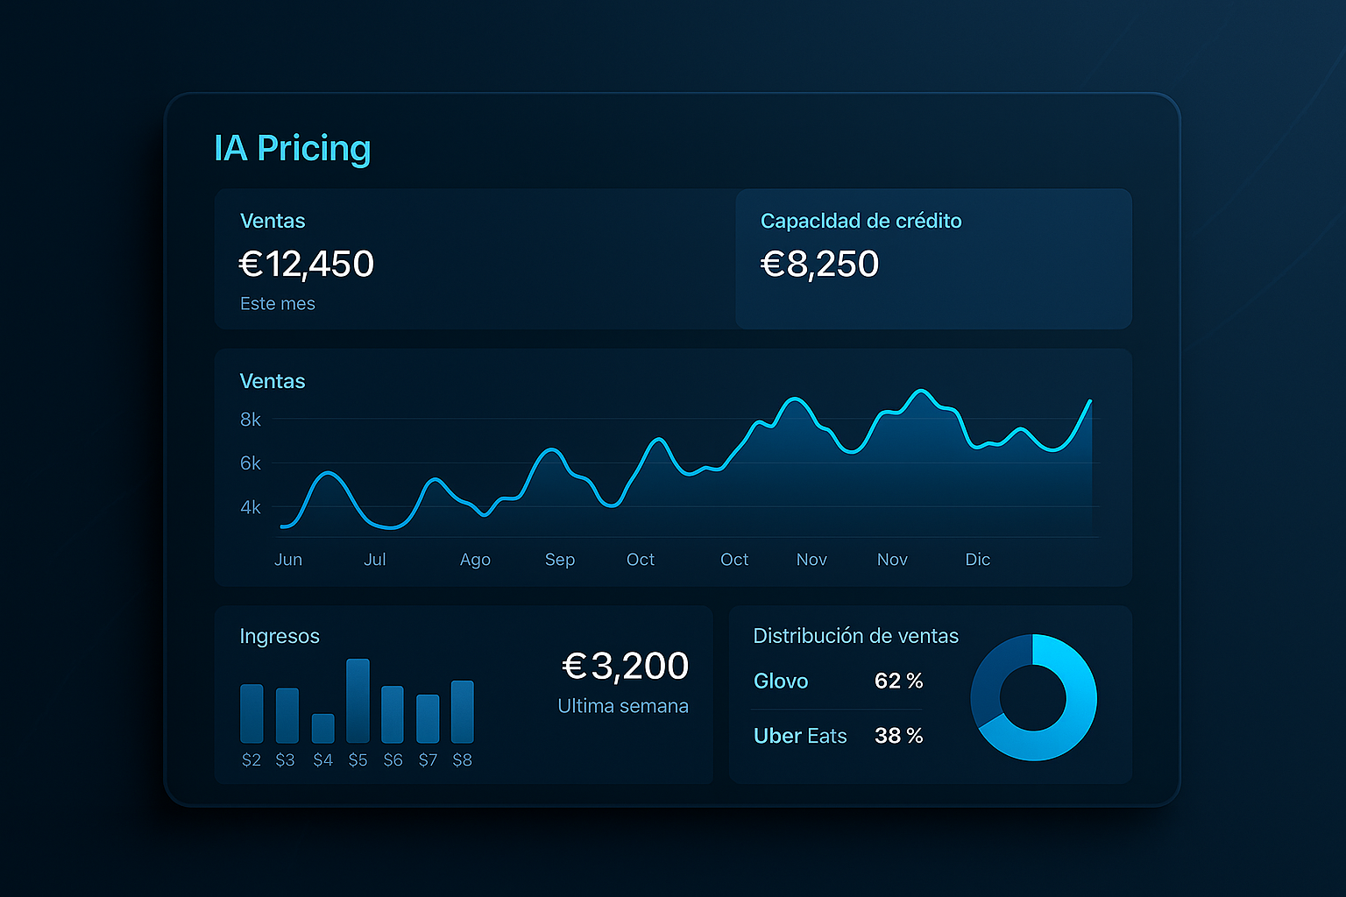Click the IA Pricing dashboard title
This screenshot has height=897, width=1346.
click(292, 149)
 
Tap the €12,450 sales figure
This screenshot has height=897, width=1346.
click(307, 264)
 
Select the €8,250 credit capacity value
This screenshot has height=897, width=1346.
click(819, 264)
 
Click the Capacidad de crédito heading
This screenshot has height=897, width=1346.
click(861, 221)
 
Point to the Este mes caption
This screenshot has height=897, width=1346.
click(277, 303)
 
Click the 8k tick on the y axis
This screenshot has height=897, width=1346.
click(251, 420)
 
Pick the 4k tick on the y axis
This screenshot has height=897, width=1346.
click(251, 507)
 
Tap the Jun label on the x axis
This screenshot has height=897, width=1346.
click(288, 560)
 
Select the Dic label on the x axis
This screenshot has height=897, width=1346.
click(977, 560)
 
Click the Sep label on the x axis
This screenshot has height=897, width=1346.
click(560, 560)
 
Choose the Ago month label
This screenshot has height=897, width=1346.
click(475, 560)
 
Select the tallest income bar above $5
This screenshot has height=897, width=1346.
click(358, 701)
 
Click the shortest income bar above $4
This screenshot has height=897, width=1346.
click(322, 728)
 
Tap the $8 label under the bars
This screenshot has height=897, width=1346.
click(462, 760)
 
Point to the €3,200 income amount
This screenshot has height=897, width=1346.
click(625, 667)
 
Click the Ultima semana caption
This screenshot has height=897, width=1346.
click(623, 706)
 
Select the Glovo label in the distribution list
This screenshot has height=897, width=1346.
click(781, 681)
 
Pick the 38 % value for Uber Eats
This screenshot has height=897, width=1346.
click(898, 736)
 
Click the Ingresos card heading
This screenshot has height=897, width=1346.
click(280, 636)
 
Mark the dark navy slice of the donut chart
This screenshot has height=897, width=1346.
click(995, 674)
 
